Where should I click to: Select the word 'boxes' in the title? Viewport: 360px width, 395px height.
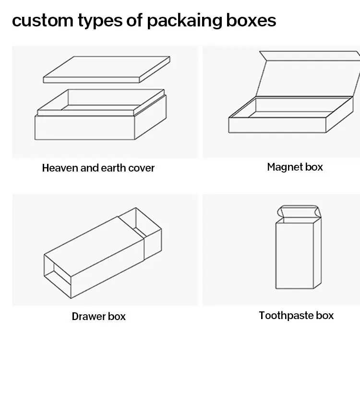tap(253, 20)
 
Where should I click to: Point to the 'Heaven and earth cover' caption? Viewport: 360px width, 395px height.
tap(98, 168)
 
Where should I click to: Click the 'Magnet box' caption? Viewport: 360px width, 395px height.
tap(295, 167)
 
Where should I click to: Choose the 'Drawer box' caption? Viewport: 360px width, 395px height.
tap(98, 316)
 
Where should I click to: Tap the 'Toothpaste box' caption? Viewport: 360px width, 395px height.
tap(296, 316)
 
